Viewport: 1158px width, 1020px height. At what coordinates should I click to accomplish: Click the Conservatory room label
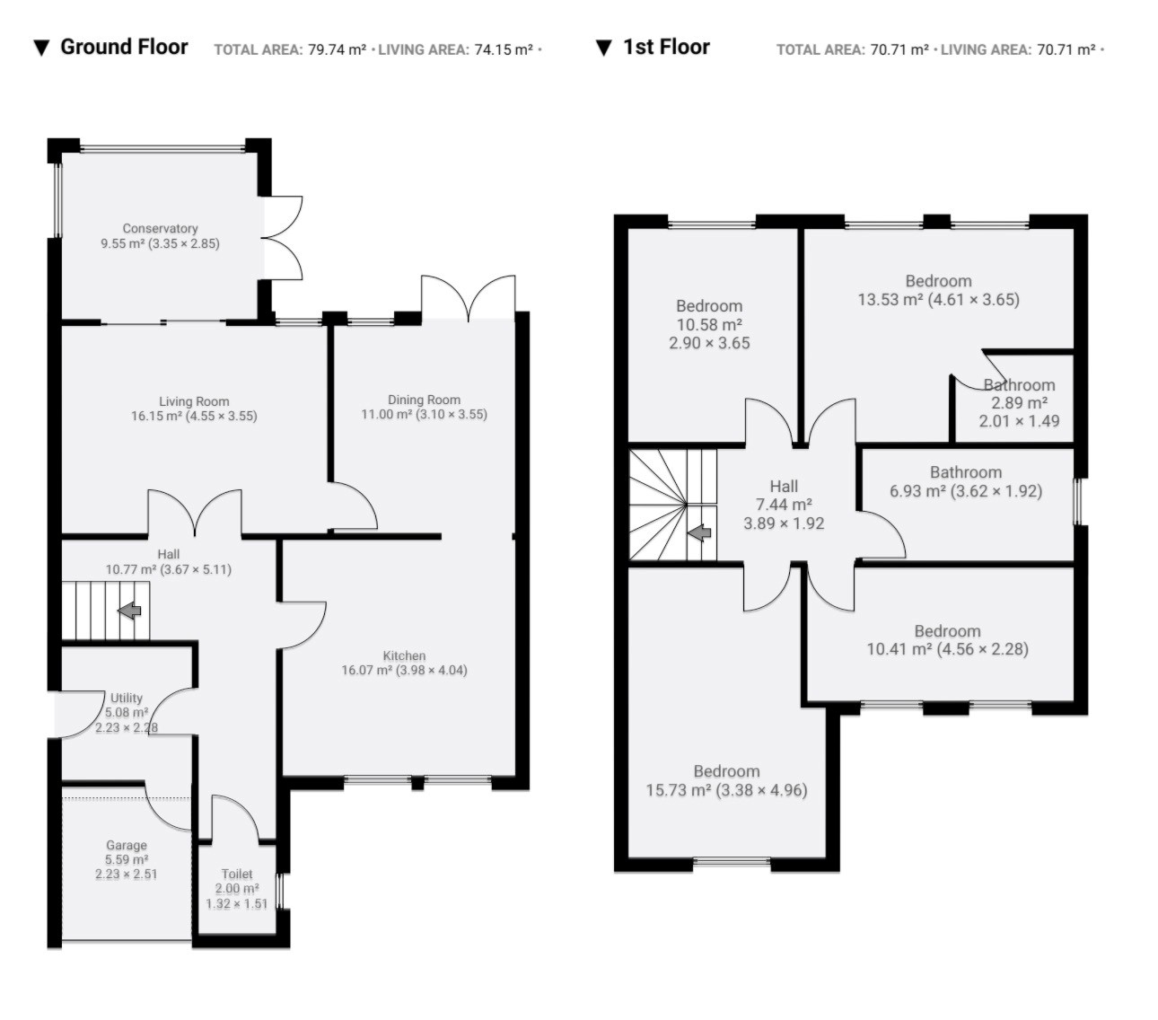160,228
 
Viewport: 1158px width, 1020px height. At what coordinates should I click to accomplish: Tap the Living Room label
194,401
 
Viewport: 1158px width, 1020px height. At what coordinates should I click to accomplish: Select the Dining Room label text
424,400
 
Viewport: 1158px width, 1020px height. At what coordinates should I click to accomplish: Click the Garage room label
127,845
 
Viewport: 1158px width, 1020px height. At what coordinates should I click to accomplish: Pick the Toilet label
237,874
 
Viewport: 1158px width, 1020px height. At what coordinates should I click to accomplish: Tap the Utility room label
127,698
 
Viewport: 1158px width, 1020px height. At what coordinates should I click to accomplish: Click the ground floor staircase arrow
130,611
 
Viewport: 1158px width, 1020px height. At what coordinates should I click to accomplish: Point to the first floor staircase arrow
698,532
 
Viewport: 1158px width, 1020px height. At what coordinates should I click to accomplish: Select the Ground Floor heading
124,47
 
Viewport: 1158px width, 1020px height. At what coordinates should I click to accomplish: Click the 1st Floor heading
666,47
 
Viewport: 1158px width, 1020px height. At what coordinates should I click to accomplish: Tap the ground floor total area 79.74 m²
338,49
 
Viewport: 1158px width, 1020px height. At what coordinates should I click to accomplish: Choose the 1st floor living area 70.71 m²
1066,49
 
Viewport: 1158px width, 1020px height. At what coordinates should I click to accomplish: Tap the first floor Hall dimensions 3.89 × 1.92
784,523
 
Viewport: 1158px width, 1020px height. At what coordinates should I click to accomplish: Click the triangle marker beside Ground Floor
41,48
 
